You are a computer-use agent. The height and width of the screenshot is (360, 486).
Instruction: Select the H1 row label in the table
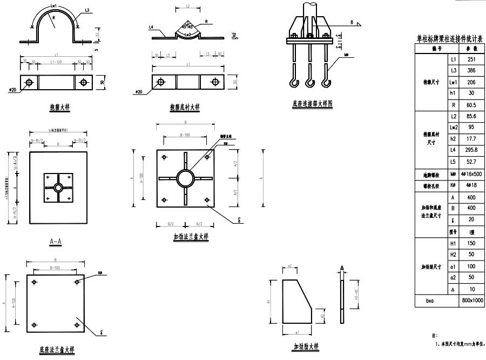454,244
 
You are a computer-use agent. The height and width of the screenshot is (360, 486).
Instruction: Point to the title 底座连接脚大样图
313,103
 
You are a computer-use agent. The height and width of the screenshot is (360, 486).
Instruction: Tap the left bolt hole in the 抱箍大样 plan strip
29,82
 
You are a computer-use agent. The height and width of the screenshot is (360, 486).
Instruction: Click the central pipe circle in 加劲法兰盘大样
185,178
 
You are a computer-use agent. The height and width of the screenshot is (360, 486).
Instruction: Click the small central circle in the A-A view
58,187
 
